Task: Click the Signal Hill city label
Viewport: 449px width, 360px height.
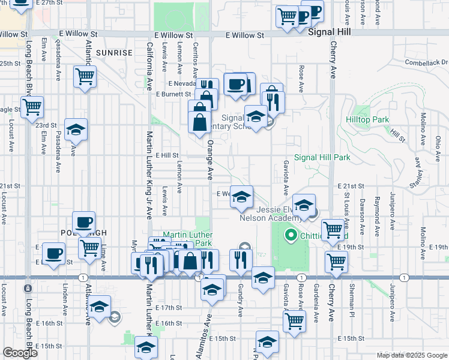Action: pyautogui.click(x=328, y=34)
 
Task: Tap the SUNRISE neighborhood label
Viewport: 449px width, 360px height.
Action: pyautogui.click(x=113, y=53)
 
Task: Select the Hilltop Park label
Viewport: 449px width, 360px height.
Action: pyautogui.click(x=367, y=120)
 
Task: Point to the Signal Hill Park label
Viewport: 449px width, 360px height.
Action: pyautogui.click(x=322, y=158)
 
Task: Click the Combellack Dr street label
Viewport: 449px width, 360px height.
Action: pyautogui.click(x=426, y=62)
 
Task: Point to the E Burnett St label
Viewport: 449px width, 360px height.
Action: pyautogui.click(x=173, y=94)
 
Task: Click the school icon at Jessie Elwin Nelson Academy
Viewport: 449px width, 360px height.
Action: pyautogui.click(x=304, y=205)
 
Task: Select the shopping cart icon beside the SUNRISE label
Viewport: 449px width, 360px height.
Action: pyautogui.click(x=85, y=77)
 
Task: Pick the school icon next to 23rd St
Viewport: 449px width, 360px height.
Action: pyautogui.click(x=76, y=130)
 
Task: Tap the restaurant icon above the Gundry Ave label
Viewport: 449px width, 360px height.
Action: pyautogui.click(x=238, y=260)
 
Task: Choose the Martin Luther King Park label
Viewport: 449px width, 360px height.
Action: pyautogui.click(x=188, y=239)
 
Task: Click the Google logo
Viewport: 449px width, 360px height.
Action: pyautogui.click(x=20, y=353)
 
